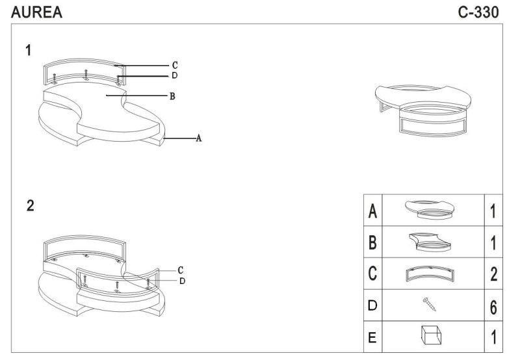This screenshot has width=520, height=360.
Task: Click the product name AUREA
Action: click(x=36, y=12)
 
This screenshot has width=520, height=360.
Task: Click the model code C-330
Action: click(x=478, y=12)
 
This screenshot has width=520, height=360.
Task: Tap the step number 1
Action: click(x=29, y=50)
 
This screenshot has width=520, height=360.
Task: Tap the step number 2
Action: click(x=30, y=206)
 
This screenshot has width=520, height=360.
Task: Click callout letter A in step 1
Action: click(x=199, y=138)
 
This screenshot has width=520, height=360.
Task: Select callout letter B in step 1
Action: click(x=172, y=96)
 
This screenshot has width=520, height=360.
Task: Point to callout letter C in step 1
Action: click(x=175, y=65)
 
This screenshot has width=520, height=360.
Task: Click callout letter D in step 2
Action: click(x=183, y=281)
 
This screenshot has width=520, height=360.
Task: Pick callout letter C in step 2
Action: click(x=181, y=270)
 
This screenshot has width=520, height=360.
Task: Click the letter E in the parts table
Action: click(x=372, y=337)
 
